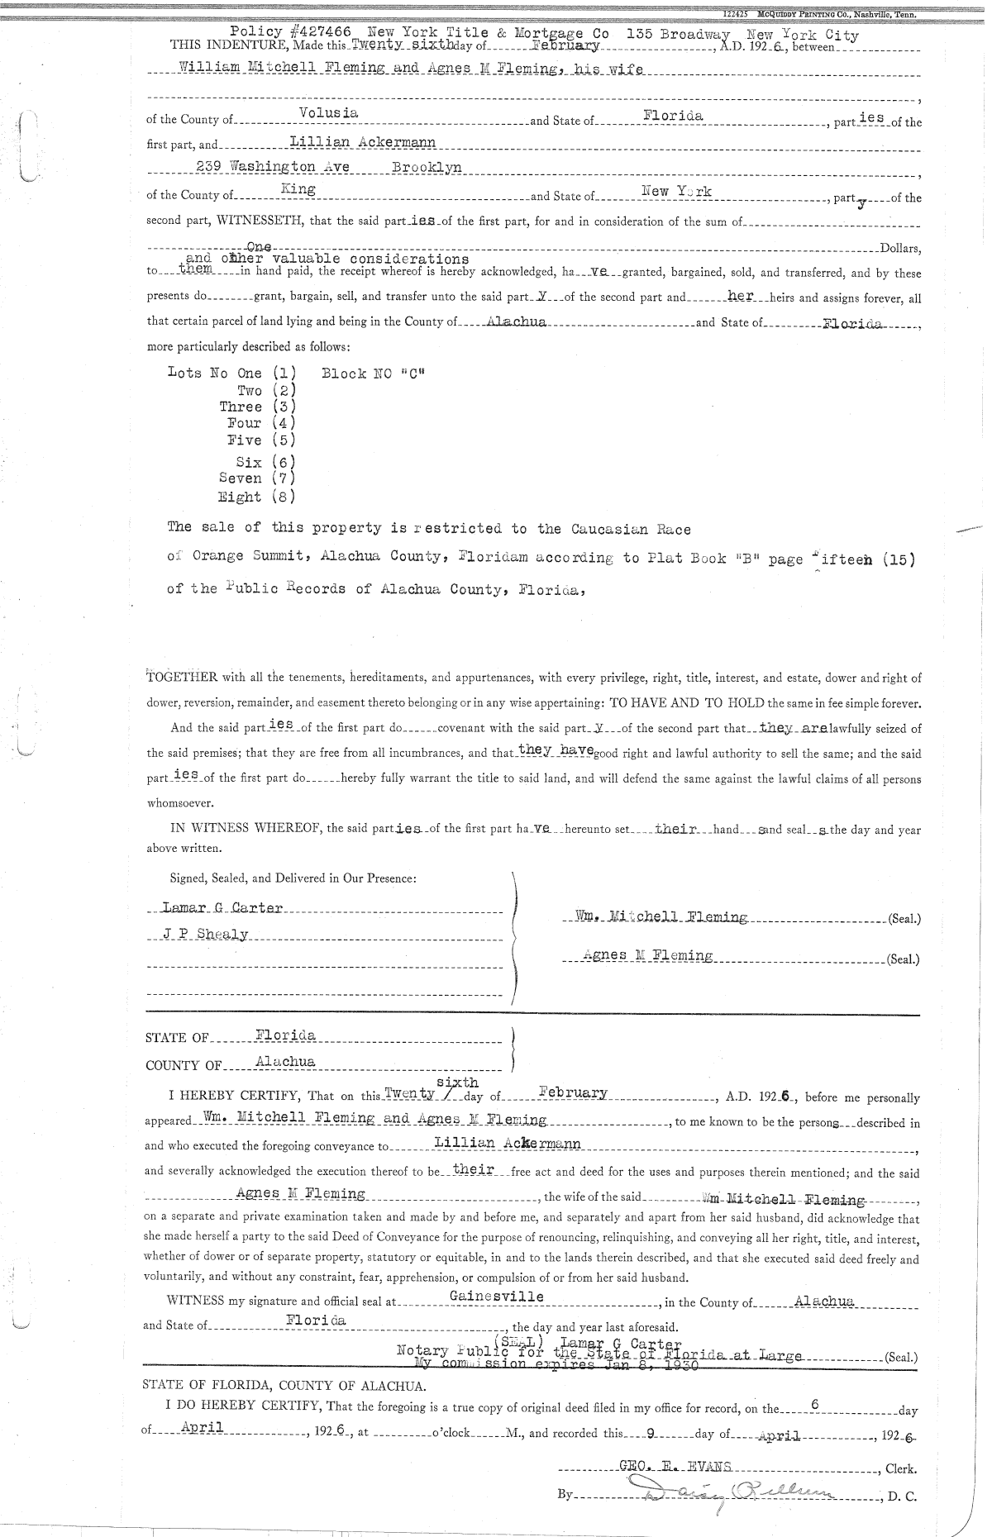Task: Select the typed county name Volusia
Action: tap(327, 112)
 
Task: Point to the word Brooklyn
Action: tap(427, 167)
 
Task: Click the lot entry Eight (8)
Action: tap(256, 497)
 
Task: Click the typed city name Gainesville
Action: tap(497, 1296)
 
